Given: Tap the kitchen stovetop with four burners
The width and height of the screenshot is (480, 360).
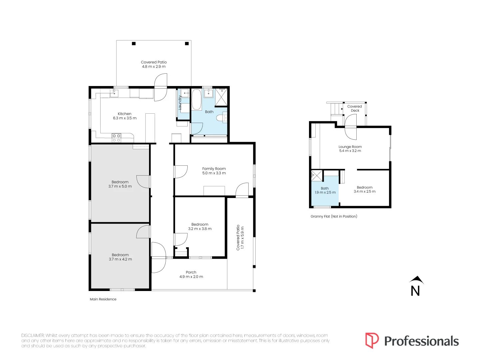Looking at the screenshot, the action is (116, 138).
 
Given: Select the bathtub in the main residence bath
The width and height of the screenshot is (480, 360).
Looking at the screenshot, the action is (196, 99).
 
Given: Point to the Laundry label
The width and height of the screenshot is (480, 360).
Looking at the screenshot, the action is (180, 103).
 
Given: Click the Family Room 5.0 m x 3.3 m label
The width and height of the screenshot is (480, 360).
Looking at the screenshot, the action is (214, 171).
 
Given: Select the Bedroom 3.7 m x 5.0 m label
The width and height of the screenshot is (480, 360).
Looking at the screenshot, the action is (120, 184).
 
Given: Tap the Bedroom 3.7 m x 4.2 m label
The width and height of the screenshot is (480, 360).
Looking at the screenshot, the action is (120, 257).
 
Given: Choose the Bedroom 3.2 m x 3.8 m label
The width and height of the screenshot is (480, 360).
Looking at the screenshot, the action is (200, 226).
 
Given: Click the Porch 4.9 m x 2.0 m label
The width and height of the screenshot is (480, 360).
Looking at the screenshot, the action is (191, 274).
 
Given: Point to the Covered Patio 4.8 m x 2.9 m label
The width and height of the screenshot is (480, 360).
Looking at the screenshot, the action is (154, 64).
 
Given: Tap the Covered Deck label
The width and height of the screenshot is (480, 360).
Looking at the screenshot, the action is (355, 108).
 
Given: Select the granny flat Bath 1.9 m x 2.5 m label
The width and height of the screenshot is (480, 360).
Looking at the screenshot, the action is (325, 190).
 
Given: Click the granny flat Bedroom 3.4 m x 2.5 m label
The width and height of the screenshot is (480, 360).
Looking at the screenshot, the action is (365, 189).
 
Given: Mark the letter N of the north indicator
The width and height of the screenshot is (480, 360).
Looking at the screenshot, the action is (415, 291).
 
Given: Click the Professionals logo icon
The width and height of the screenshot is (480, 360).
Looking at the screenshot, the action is (372, 341).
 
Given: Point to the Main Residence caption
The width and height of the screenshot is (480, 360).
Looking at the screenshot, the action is (103, 299).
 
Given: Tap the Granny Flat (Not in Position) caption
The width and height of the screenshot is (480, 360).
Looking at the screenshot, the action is (334, 216).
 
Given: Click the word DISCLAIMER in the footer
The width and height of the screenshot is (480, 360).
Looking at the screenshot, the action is (33, 336).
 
